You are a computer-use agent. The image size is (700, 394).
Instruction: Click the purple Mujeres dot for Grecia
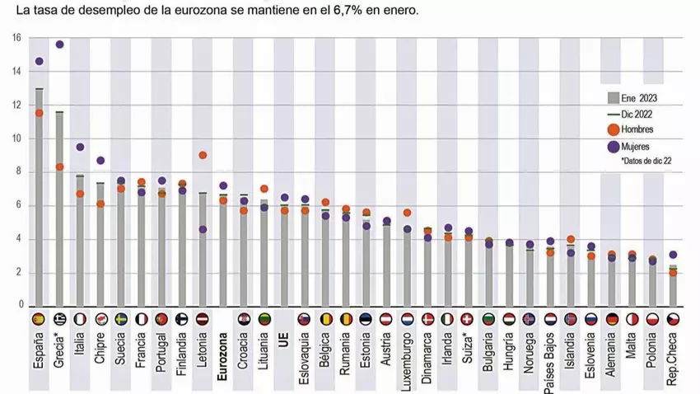pos(59,45)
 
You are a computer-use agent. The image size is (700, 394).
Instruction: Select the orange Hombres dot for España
pos(39,112)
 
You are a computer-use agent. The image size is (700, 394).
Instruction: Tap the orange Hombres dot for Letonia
pos(203,155)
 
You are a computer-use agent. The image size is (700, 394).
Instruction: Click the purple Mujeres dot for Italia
pos(80,148)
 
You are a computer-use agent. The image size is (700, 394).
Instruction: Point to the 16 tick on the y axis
pos(16,38)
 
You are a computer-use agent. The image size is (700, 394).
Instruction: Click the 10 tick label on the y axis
pos(16,138)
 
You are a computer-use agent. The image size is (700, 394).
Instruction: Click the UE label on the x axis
pos(284,341)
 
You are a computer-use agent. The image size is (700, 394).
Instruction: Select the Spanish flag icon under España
pos(39,318)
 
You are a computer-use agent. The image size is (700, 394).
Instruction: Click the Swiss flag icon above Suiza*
pos(469,318)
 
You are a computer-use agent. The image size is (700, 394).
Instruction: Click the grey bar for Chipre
pos(100,247)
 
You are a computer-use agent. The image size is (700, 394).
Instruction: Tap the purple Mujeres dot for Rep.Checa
pos(673,256)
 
